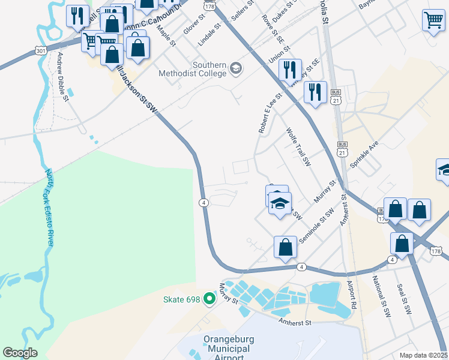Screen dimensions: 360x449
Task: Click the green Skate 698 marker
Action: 209,298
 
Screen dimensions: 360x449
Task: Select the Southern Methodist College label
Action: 209,69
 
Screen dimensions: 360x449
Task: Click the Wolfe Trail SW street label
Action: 298,146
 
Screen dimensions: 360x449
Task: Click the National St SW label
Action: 381,296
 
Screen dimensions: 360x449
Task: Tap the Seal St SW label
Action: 404,300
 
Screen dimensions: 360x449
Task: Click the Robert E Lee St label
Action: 270,113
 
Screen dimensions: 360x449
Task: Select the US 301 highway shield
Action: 40,50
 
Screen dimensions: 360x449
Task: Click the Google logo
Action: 21,352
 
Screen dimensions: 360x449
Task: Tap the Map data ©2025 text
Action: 424,355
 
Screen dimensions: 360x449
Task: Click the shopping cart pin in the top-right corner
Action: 433,21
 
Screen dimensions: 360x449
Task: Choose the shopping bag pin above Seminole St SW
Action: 286,247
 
